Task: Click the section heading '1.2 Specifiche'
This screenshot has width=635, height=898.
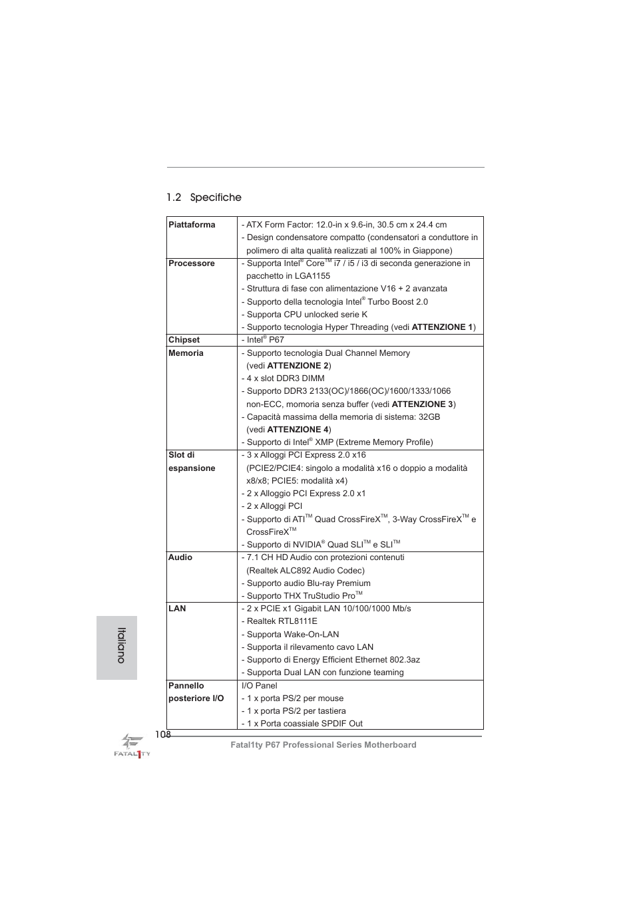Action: (204, 198)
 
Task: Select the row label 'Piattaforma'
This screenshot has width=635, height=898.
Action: (192, 225)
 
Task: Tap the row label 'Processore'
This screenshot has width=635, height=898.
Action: (192, 263)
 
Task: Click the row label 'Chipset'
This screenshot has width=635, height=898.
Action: (184, 340)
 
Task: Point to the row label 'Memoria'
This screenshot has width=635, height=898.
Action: (186, 353)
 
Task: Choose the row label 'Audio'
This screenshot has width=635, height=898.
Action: (180, 557)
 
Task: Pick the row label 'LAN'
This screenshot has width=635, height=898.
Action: (177, 609)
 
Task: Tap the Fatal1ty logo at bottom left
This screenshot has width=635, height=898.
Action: (132, 746)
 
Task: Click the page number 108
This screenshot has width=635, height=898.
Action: (162, 734)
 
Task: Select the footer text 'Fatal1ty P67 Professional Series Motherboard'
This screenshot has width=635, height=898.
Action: (323, 745)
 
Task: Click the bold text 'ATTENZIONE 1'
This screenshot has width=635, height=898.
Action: (442, 327)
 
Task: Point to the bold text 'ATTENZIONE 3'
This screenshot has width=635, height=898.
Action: (422, 404)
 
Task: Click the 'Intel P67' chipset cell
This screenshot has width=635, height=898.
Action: (265, 340)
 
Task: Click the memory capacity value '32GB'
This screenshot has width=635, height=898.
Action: (429, 417)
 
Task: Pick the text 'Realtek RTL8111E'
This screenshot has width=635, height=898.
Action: (282, 621)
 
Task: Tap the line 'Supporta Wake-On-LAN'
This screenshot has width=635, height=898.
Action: (292, 635)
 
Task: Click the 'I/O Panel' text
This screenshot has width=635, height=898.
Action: (259, 686)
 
